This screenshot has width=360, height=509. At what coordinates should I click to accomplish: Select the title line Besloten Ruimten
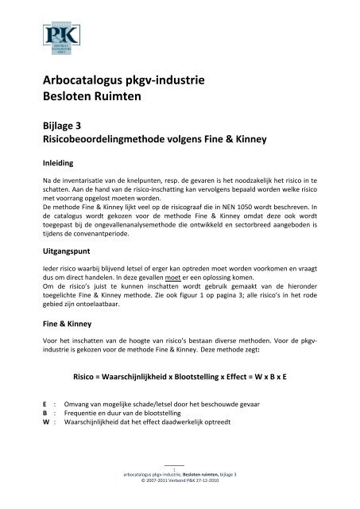click(95, 99)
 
